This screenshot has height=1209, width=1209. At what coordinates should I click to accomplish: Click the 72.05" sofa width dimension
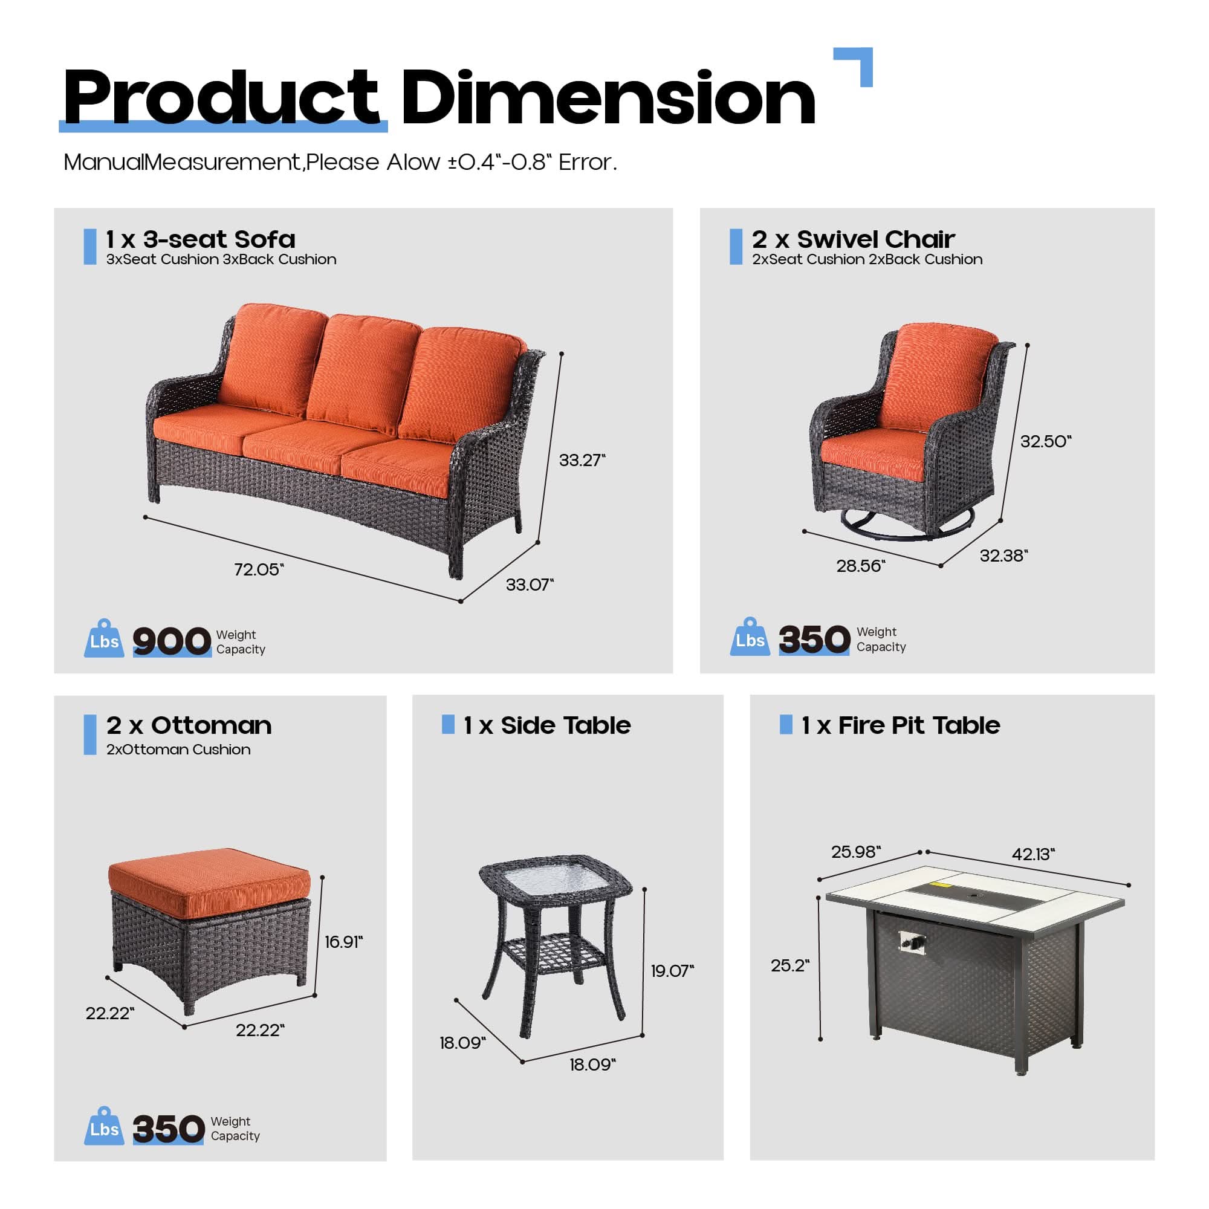coord(259,569)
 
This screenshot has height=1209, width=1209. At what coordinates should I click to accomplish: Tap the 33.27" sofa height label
coord(582,460)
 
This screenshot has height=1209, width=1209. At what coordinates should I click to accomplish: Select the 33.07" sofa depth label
coord(530,585)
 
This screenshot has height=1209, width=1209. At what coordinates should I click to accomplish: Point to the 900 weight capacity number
coord(172,641)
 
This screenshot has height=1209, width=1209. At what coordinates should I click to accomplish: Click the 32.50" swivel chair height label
coord(1045,441)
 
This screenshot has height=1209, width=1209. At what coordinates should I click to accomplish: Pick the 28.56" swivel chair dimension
coord(860,566)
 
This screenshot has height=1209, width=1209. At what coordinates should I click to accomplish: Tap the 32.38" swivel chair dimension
coord(1003,555)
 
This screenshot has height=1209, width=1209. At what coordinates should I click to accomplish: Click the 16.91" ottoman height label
coord(343,942)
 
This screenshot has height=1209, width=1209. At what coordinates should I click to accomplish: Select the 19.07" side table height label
coord(672,971)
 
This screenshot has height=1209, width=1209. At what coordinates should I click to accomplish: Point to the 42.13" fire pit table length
coord(1033,854)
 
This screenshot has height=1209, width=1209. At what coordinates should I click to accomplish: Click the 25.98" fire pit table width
coord(855,852)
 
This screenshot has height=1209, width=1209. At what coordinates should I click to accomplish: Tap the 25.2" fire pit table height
coord(789,965)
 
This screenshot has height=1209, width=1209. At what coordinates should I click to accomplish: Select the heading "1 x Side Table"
coord(546,725)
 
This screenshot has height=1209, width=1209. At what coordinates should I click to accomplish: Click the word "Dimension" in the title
coord(608,99)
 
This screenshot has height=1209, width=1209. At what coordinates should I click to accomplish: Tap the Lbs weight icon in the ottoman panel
coord(104,1128)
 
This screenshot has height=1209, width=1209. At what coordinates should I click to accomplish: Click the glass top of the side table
coord(554,883)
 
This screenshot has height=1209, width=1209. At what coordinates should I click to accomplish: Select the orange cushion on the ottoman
coord(210,881)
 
